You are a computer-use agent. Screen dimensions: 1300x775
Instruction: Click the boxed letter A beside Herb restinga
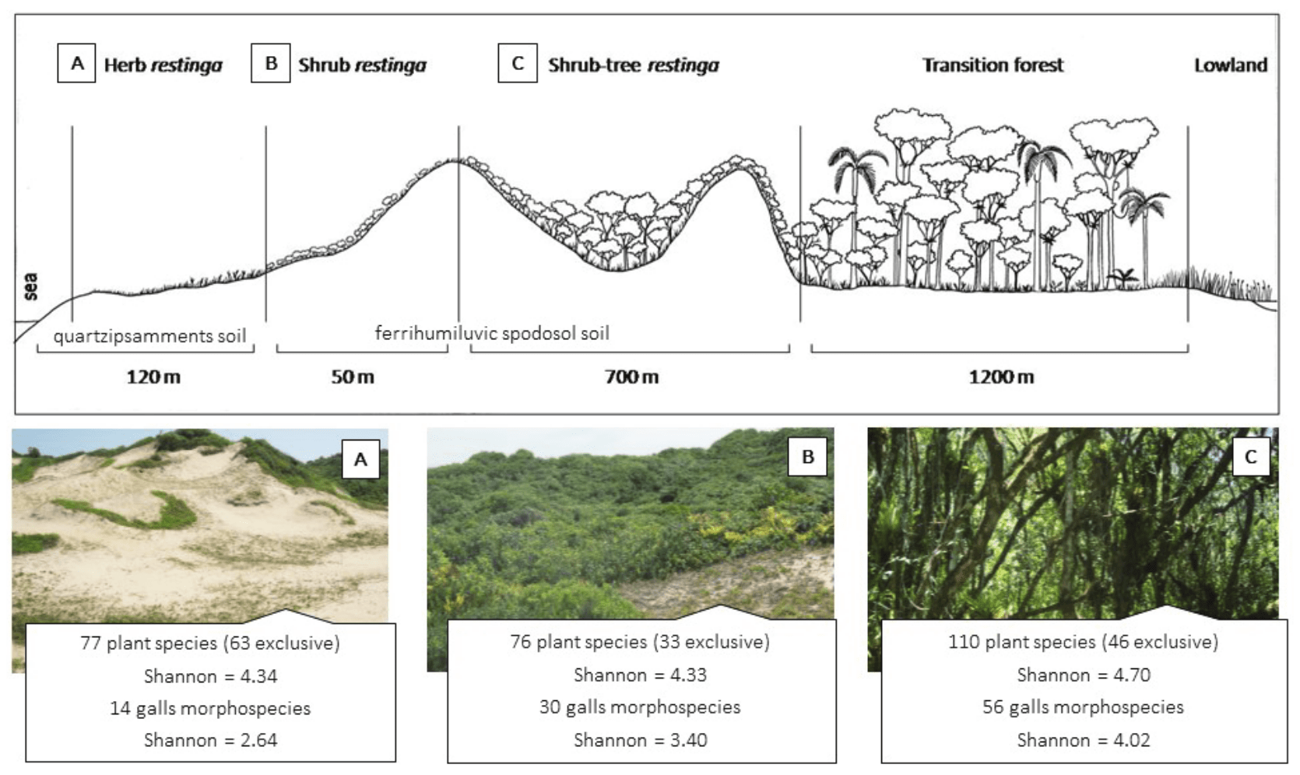[76, 63]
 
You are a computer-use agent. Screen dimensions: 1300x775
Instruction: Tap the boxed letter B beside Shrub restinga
[270, 63]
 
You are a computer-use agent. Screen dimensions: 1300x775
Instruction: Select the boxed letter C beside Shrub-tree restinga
[518, 63]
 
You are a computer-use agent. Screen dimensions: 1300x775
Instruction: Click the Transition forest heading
[993, 65]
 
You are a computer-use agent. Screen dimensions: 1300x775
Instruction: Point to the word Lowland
[1231, 65]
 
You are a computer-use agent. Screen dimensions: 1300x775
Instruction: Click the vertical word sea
[30, 286]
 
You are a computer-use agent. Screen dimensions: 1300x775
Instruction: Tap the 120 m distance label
[154, 377]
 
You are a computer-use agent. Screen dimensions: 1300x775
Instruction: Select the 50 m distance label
[353, 377]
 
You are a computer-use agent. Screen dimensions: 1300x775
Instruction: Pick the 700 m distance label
[631, 377]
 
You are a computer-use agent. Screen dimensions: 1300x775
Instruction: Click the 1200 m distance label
[1001, 377]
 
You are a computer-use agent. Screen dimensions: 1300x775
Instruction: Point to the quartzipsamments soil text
[149, 336]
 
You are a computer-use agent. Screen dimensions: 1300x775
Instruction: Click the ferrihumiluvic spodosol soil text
[492, 333]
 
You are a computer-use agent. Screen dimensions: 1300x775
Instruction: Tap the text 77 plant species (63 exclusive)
[210, 643]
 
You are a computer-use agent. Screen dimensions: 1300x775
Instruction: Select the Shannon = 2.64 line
[211, 740]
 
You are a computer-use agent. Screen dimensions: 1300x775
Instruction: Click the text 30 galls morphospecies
[640, 707]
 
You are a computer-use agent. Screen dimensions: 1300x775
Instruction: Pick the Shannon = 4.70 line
[1084, 675]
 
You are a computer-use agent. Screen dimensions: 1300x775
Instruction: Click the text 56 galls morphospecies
[1083, 707]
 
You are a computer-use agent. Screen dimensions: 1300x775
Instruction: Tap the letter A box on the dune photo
[361, 459]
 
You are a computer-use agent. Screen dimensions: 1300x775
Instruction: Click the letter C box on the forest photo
[1251, 457]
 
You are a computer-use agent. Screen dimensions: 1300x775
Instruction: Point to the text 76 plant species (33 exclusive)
[640, 642]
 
